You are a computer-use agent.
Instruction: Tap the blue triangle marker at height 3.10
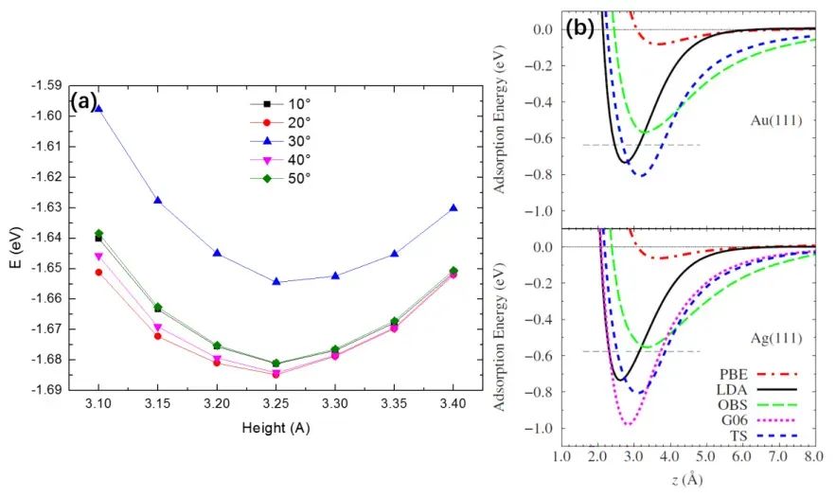[x=98, y=109]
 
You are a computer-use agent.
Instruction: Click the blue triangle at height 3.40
[x=454, y=207]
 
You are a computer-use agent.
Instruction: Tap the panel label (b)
[x=578, y=28]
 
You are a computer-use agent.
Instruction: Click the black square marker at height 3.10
[x=98, y=238]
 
